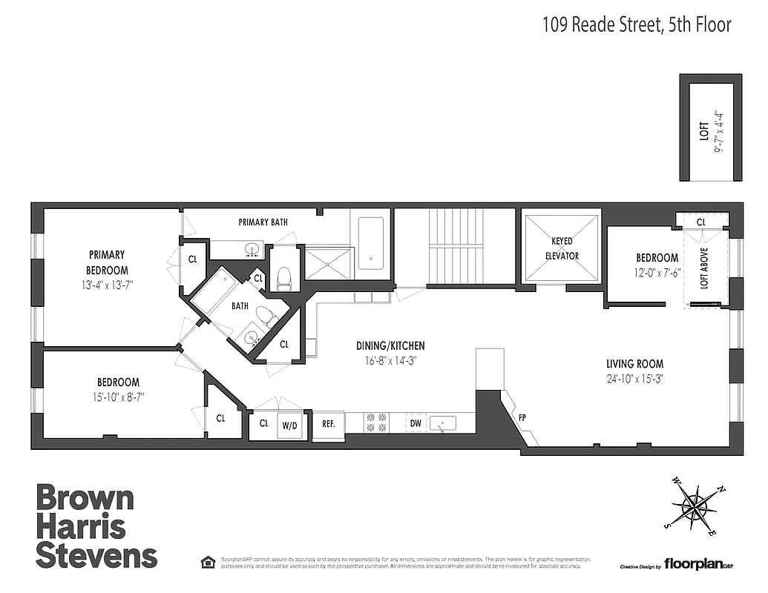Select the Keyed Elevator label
pos(561,249)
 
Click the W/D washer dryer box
pos(290,425)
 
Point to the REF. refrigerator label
pos(329,425)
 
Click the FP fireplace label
pos(522,417)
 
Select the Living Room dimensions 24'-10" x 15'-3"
pos(634,379)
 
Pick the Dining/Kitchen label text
pos(390,346)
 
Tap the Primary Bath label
pos(263,222)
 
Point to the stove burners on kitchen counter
pos(375,423)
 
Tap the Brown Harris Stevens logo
pos(96,526)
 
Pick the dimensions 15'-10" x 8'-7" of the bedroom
pos(113,397)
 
